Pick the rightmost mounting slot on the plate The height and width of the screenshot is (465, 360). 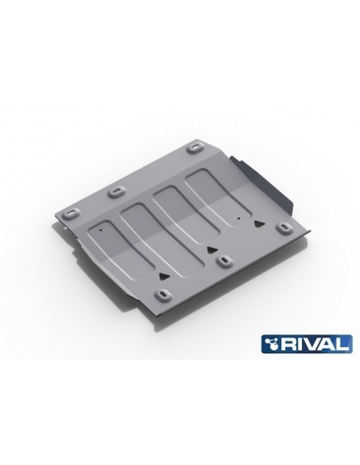tap(283, 229)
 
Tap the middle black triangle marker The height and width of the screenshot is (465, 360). tap(212, 249)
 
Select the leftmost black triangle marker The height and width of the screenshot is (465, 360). tap(163, 272)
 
